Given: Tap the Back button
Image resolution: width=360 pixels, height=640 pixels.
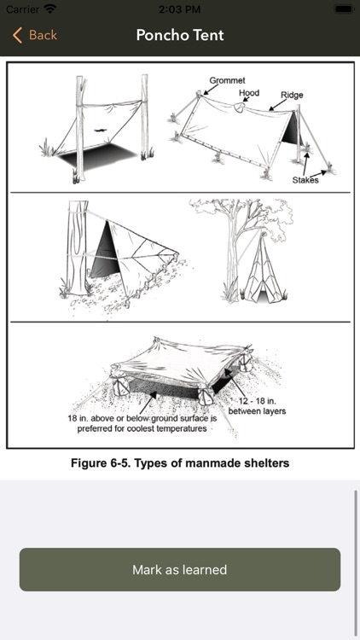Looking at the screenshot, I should click(x=35, y=35).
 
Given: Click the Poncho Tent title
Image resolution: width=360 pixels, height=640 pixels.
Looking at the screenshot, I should click(x=180, y=35).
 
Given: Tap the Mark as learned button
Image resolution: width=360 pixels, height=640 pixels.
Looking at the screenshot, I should click(x=180, y=569).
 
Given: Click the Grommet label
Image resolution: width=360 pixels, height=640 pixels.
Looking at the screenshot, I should click(x=225, y=80).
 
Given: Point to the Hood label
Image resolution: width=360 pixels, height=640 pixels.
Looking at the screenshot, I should click(x=249, y=93).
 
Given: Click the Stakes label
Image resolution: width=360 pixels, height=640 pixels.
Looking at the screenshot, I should click(x=306, y=180).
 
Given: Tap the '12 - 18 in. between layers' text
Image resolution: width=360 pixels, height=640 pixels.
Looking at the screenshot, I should click(x=263, y=406).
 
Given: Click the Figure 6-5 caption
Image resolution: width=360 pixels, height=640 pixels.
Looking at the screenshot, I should click(x=180, y=463).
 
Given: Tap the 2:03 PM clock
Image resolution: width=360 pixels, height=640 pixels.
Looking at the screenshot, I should click(x=180, y=9).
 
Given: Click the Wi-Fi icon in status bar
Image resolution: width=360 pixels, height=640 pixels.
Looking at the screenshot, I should click(x=50, y=9).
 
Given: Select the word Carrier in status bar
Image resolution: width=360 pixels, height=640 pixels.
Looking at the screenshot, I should click(x=22, y=9).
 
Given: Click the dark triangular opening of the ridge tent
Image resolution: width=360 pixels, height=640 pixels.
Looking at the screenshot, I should click(x=291, y=131).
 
